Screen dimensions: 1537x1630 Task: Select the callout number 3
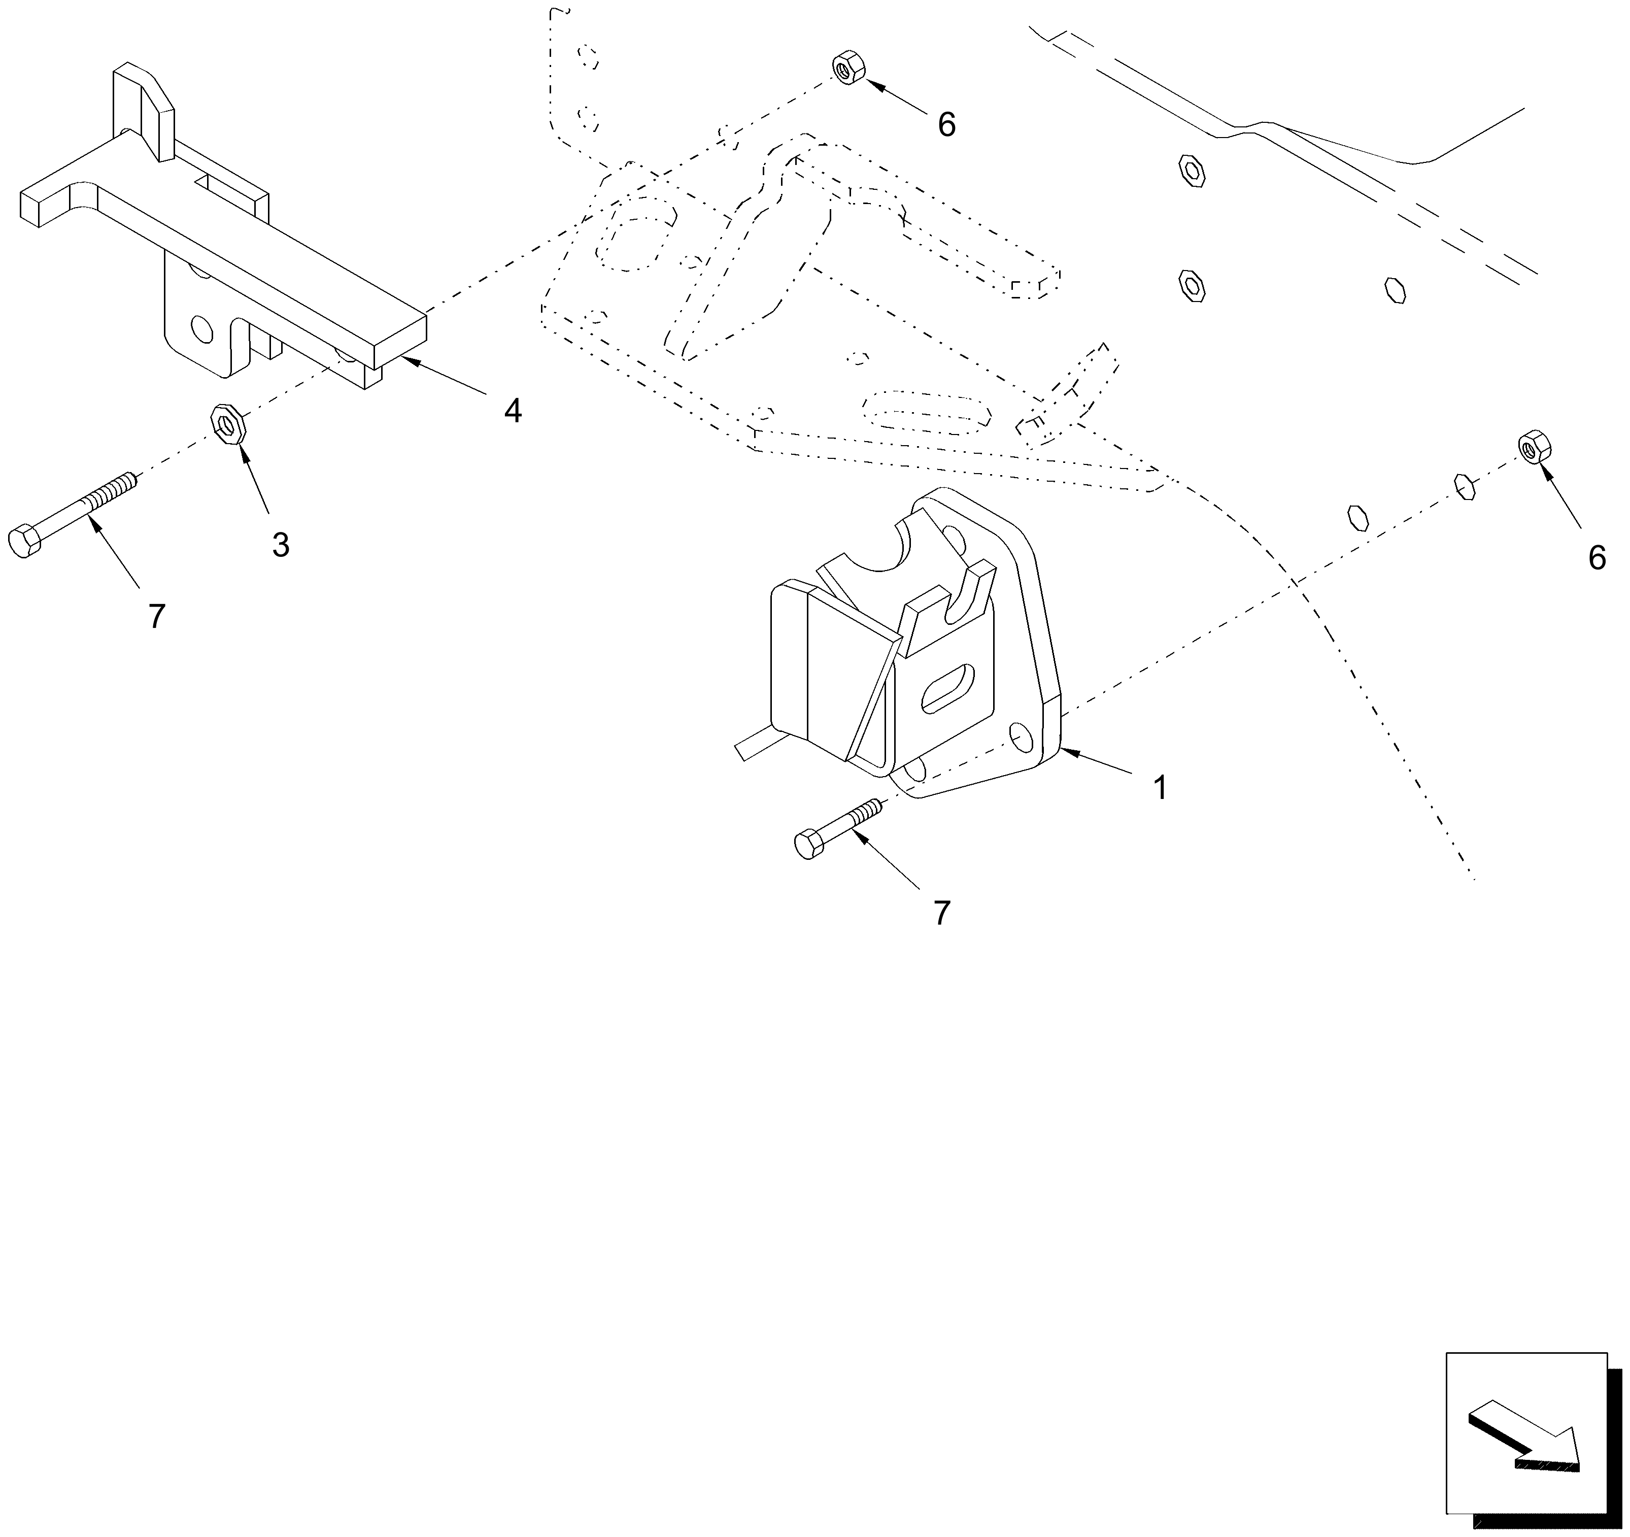coord(281,545)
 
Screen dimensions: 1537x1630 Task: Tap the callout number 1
coord(1160,787)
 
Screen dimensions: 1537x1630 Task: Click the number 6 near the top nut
coord(946,125)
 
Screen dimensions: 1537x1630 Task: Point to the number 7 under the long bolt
coord(157,616)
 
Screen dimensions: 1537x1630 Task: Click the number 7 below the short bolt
coord(941,913)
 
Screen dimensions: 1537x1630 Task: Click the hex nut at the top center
coord(848,66)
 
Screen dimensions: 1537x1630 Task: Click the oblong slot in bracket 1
coord(948,687)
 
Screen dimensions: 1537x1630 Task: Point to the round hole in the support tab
coord(199,330)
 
